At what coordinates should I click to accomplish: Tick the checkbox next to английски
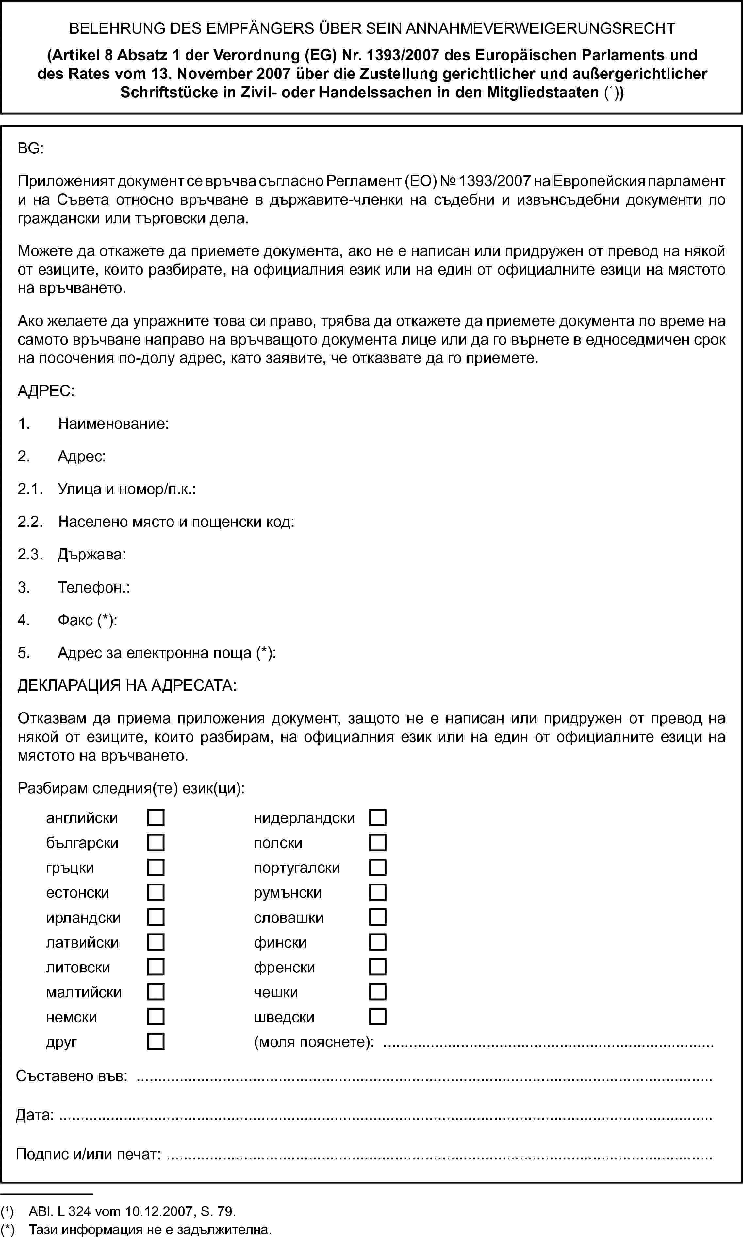pyautogui.click(x=156, y=818)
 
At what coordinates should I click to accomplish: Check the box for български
pyautogui.click(x=156, y=843)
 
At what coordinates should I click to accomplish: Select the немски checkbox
pyautogui.click(x=156, y=1017)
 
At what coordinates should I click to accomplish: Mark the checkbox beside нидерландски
pyautogui.click(x=377, y=818)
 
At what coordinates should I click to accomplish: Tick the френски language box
pyautogui.click(x=377, y=967)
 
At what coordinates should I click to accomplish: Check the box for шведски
pyautogui.click(x=377, y=1017)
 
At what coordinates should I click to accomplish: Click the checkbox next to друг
pyautogui.click(x=156, y=1042)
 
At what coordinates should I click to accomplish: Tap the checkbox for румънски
pyautogui.click(x=377, y=892)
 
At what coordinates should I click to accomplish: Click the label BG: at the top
pyautogui.click(x=30, y=148)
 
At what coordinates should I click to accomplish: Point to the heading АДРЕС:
pyautogui.click(x=46, y=391)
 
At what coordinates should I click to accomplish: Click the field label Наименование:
pyautogui.click(x=113, y=424)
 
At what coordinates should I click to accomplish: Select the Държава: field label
pyautogui.click(x=91, y=555)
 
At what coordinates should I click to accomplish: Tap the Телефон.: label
pyautogui.click(x=94, y=587)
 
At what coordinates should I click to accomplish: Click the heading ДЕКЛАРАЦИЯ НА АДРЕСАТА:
pyautogui.click(x=127, y=685)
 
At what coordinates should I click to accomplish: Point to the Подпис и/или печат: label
pyautogui.click(x=88, y=1154)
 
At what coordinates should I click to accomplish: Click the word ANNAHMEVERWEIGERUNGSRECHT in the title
pyautogui.click(x=540, y=28)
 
